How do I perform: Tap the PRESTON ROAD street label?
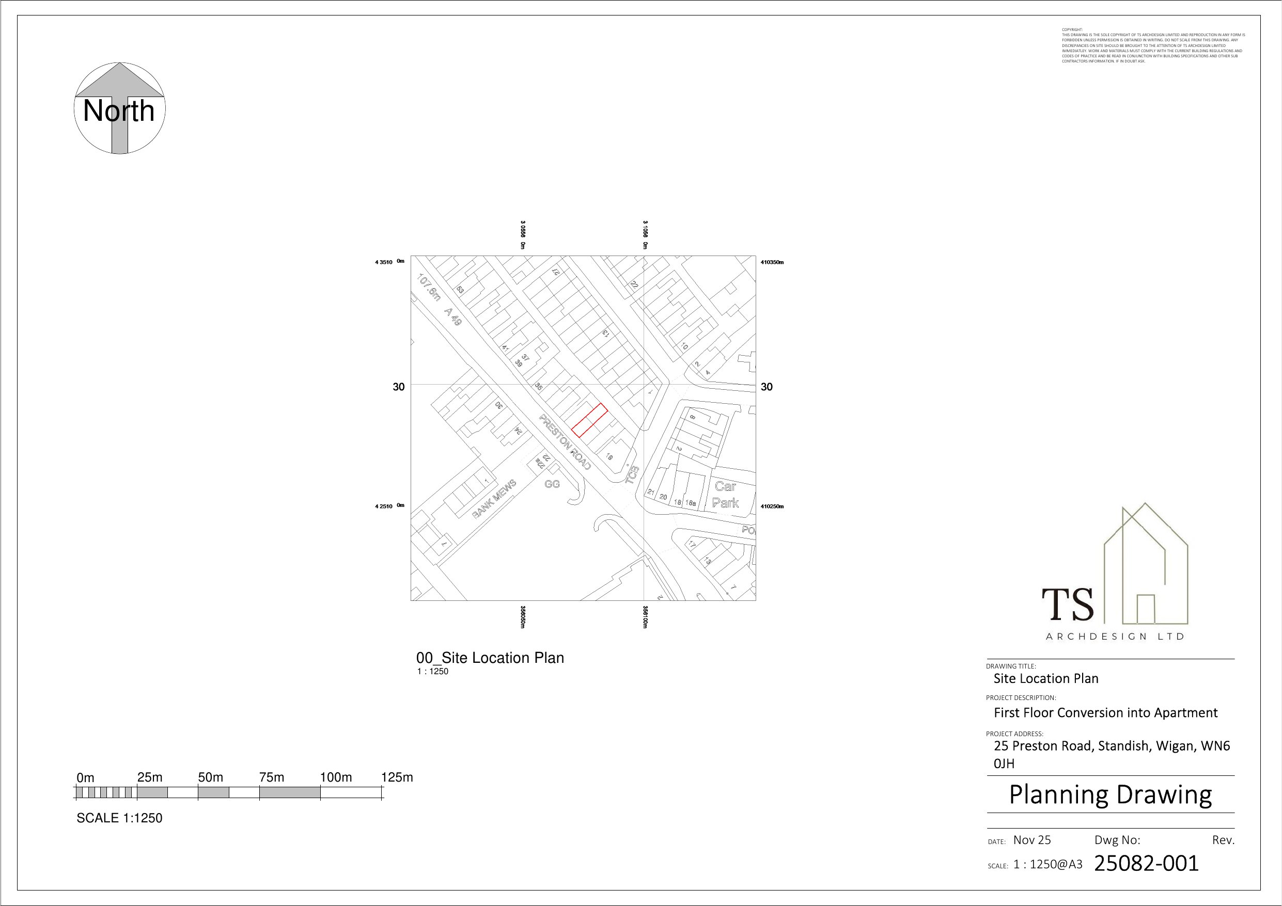coord(565,441)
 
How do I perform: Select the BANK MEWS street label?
coord(494,499)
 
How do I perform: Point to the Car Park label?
coord(725,495)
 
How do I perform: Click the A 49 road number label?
coord(453,316)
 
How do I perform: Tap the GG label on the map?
coord(552,484)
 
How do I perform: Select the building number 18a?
coord(691,503)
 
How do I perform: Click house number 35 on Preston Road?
coord(539,386)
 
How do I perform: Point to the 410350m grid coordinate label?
coord(772,262)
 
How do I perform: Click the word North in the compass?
coord(118,111)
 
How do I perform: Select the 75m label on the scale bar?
coord(271,777)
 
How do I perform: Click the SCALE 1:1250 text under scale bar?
coord(119,818)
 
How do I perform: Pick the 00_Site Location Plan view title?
coord(490,658)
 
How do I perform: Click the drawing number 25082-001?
coord(1146,864)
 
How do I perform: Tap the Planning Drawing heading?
coord(1110,794)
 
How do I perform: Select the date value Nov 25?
coord(1032,839)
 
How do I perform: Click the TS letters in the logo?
coord(1068,606)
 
